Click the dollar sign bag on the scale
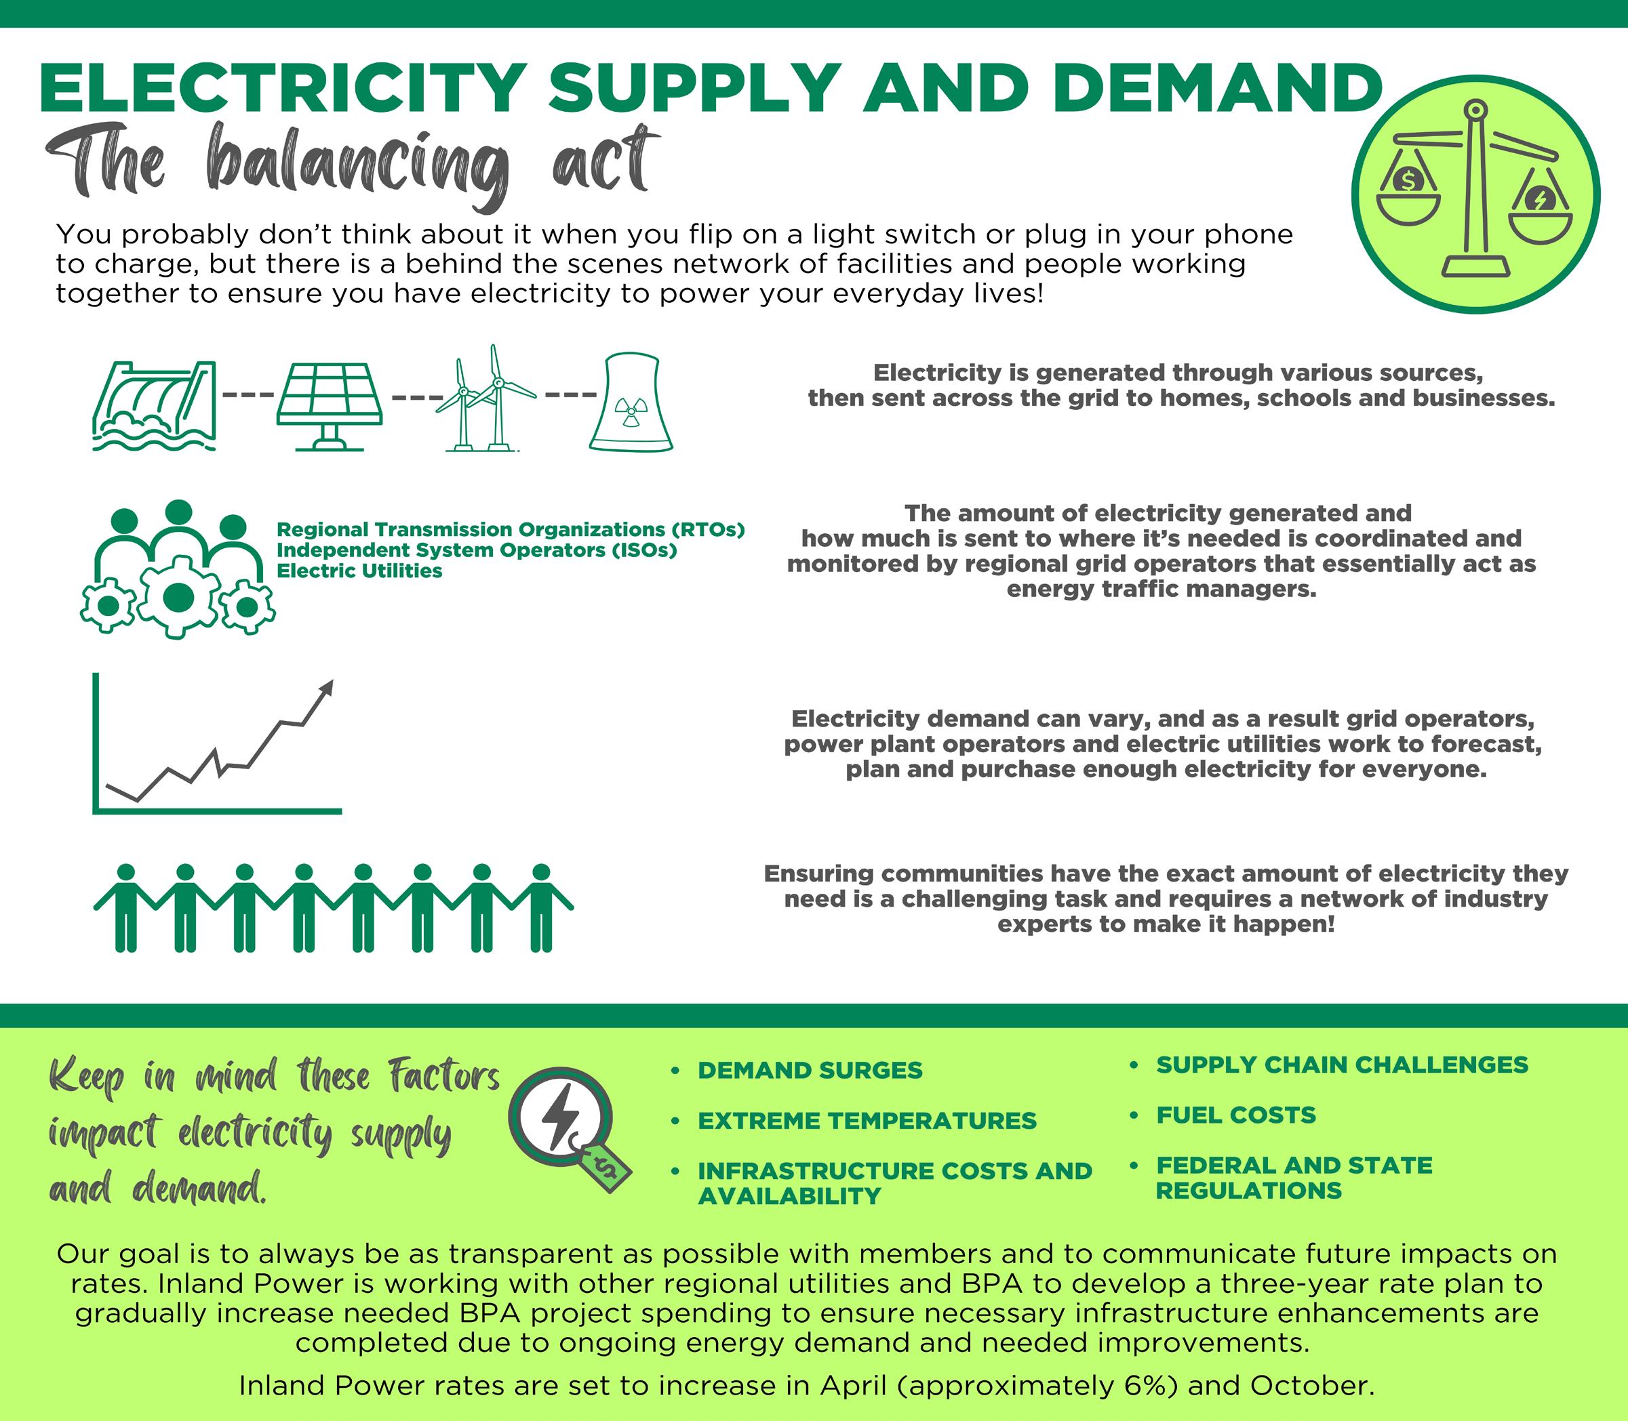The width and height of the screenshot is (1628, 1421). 1408,181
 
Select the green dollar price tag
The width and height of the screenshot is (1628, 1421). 606,1166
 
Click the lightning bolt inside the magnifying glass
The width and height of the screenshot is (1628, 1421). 559,1117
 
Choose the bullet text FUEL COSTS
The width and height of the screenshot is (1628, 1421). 1236,1115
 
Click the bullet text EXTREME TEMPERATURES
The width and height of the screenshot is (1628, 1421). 867,1120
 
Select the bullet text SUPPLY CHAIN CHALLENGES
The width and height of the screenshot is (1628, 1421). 1343,1064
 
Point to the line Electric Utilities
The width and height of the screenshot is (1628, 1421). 359,571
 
